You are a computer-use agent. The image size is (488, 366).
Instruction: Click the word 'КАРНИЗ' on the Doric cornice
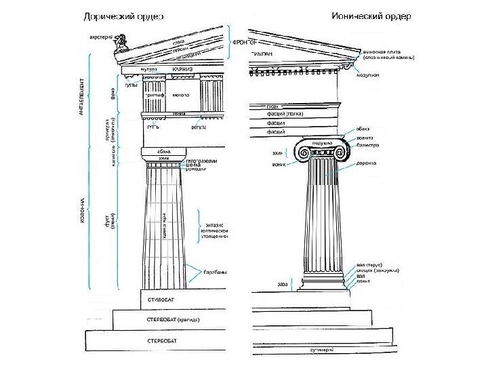pyautogui.click(x=182, y=69)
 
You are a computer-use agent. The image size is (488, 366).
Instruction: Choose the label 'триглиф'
pyautogui.click(x=155, y=96)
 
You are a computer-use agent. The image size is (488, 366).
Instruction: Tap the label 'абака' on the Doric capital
pyautogui.click(x=163, y=150)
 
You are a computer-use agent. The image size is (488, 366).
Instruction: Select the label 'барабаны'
pyautogui.click(x=216, y=272)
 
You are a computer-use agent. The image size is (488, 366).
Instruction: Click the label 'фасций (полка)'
pyautogui.click(x=285, y=115)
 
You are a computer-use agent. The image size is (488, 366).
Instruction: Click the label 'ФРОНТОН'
pyautogui.click(x=246, y=42)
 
